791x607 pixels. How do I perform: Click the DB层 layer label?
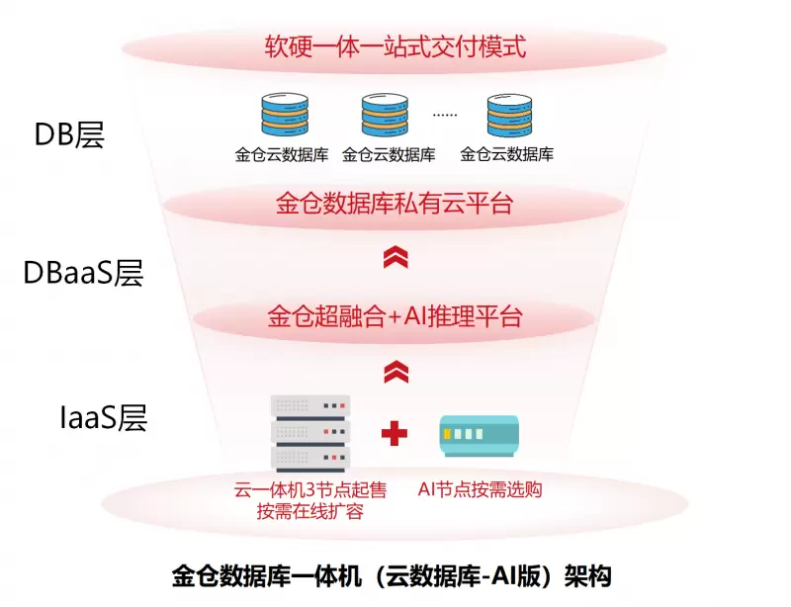coord(69,133)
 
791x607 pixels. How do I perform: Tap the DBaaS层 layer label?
coord(83,273)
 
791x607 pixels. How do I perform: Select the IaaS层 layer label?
coord(103,418)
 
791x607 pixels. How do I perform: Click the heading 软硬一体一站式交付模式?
coord(394,46)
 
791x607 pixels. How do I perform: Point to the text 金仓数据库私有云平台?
coord(394,205)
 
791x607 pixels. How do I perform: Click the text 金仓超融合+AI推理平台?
coord(395,317)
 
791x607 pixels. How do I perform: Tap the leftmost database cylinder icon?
coord(283,116)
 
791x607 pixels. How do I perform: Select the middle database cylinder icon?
coord(385,116)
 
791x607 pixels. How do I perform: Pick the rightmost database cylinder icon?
coord(510,116)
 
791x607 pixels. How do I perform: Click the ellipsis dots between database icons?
coord(445,115)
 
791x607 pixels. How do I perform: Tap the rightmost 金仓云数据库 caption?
coord(507,154)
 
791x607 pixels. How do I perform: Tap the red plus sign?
coord(395,433)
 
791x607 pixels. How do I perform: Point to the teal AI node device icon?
coord(479,435)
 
